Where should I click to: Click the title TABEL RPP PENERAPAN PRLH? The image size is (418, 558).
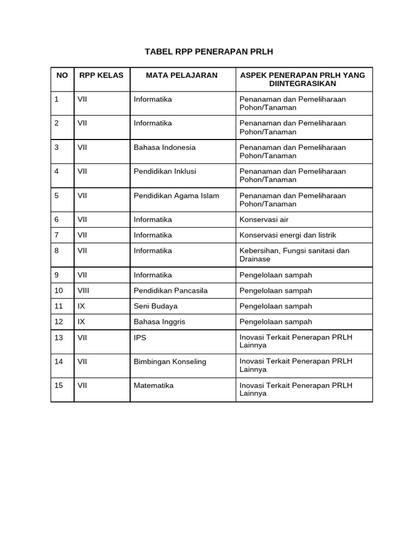[x=208, y=52]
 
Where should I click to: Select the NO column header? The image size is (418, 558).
[x=62, y=75]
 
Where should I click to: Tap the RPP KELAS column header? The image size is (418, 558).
[x=101, y=75]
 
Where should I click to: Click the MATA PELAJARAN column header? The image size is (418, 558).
[x=181, y=75]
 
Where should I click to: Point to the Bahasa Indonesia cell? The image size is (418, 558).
[x=164, y=147]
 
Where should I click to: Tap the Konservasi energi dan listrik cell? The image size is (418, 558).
[x=288, y=235]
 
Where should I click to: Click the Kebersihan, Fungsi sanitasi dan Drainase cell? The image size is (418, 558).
[x=294, y=254]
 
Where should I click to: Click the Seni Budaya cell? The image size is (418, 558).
[x=156, y=306]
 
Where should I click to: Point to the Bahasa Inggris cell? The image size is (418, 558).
[x=159, y=322]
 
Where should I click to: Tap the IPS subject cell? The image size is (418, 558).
[x=140, y=337]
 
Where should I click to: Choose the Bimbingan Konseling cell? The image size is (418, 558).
[x=170, y=361]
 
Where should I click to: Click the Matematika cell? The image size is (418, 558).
[x=153, y=385]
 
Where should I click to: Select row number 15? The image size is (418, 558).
[x=59, y=385]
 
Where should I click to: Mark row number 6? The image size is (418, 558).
[x=57, y=220]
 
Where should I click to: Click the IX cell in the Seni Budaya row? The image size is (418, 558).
[x=81, y=306]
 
